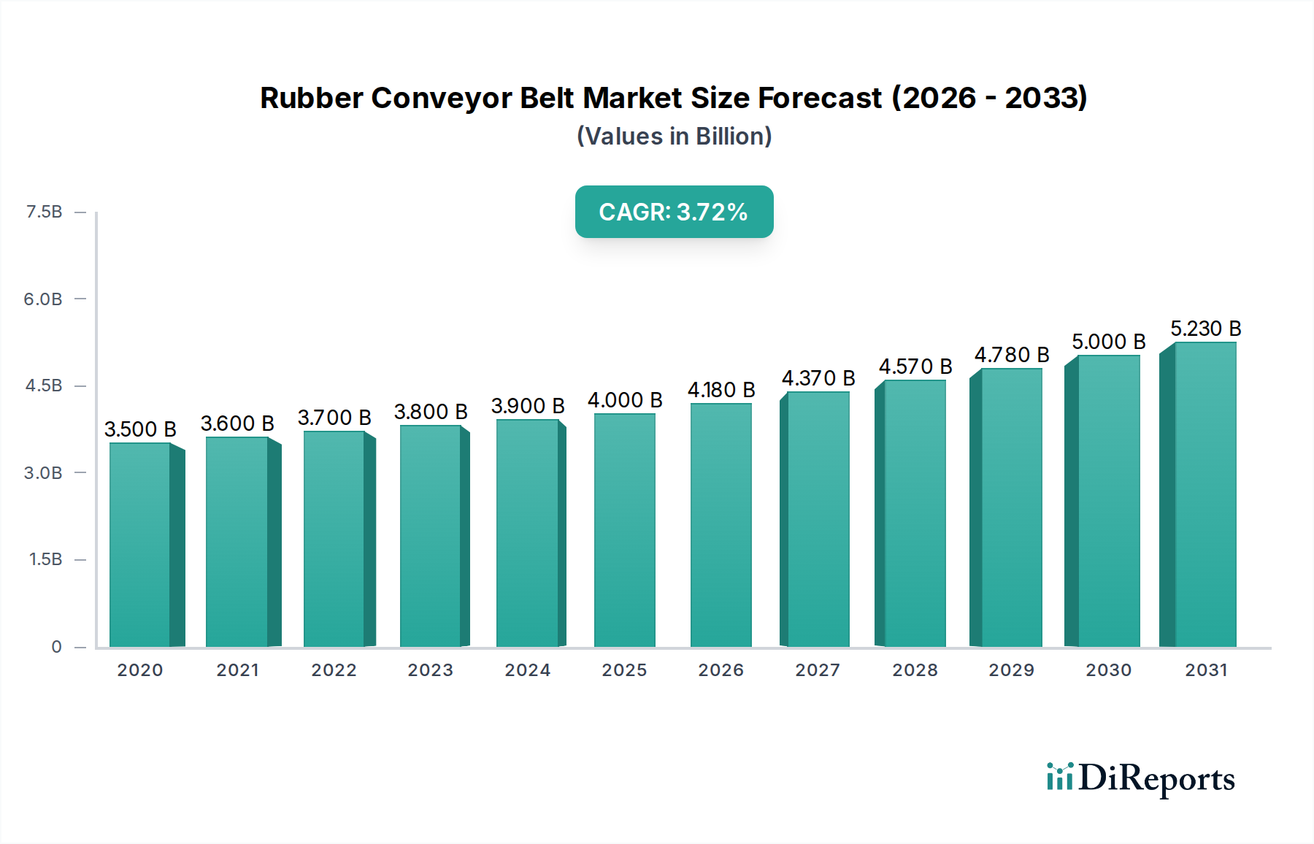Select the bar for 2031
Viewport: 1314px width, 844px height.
[1204, 494]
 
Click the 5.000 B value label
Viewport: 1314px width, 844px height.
[1108, 342]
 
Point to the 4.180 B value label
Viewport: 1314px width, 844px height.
[721, 390]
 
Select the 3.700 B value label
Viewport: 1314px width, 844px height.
[334, 418]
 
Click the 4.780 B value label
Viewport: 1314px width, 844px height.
[1011, 355]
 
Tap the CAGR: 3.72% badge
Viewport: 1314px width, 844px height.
[674, 212]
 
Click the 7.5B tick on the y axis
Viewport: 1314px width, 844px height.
[44, 212]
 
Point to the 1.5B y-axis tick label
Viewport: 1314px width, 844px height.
[45, 559]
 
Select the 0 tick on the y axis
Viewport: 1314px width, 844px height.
[56, 647]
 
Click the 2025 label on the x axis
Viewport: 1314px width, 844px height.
[624, 670]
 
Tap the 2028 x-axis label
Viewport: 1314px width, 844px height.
[915, 670]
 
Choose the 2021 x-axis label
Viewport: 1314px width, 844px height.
[237, 670]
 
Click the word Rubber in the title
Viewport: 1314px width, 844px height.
[312, 98]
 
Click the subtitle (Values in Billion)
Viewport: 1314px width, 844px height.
[674, 137]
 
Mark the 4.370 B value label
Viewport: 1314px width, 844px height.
[818, 378]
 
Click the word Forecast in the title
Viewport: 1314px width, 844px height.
[820, 98]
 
